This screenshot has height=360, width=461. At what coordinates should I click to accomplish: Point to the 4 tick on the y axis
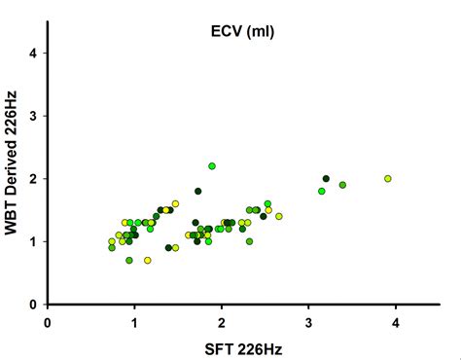click(34, 54)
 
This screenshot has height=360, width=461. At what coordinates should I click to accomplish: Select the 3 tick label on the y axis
click(34, 116)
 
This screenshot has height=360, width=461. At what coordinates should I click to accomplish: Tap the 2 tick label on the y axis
click(34, 179)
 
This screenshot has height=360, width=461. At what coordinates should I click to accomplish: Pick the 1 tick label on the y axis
click(34, 241)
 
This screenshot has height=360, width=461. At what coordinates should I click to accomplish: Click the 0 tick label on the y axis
click(34, 305)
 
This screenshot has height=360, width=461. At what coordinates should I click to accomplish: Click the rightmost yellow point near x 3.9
click(388, 179)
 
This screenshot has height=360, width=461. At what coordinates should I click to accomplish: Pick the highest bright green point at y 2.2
click(212, 166)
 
